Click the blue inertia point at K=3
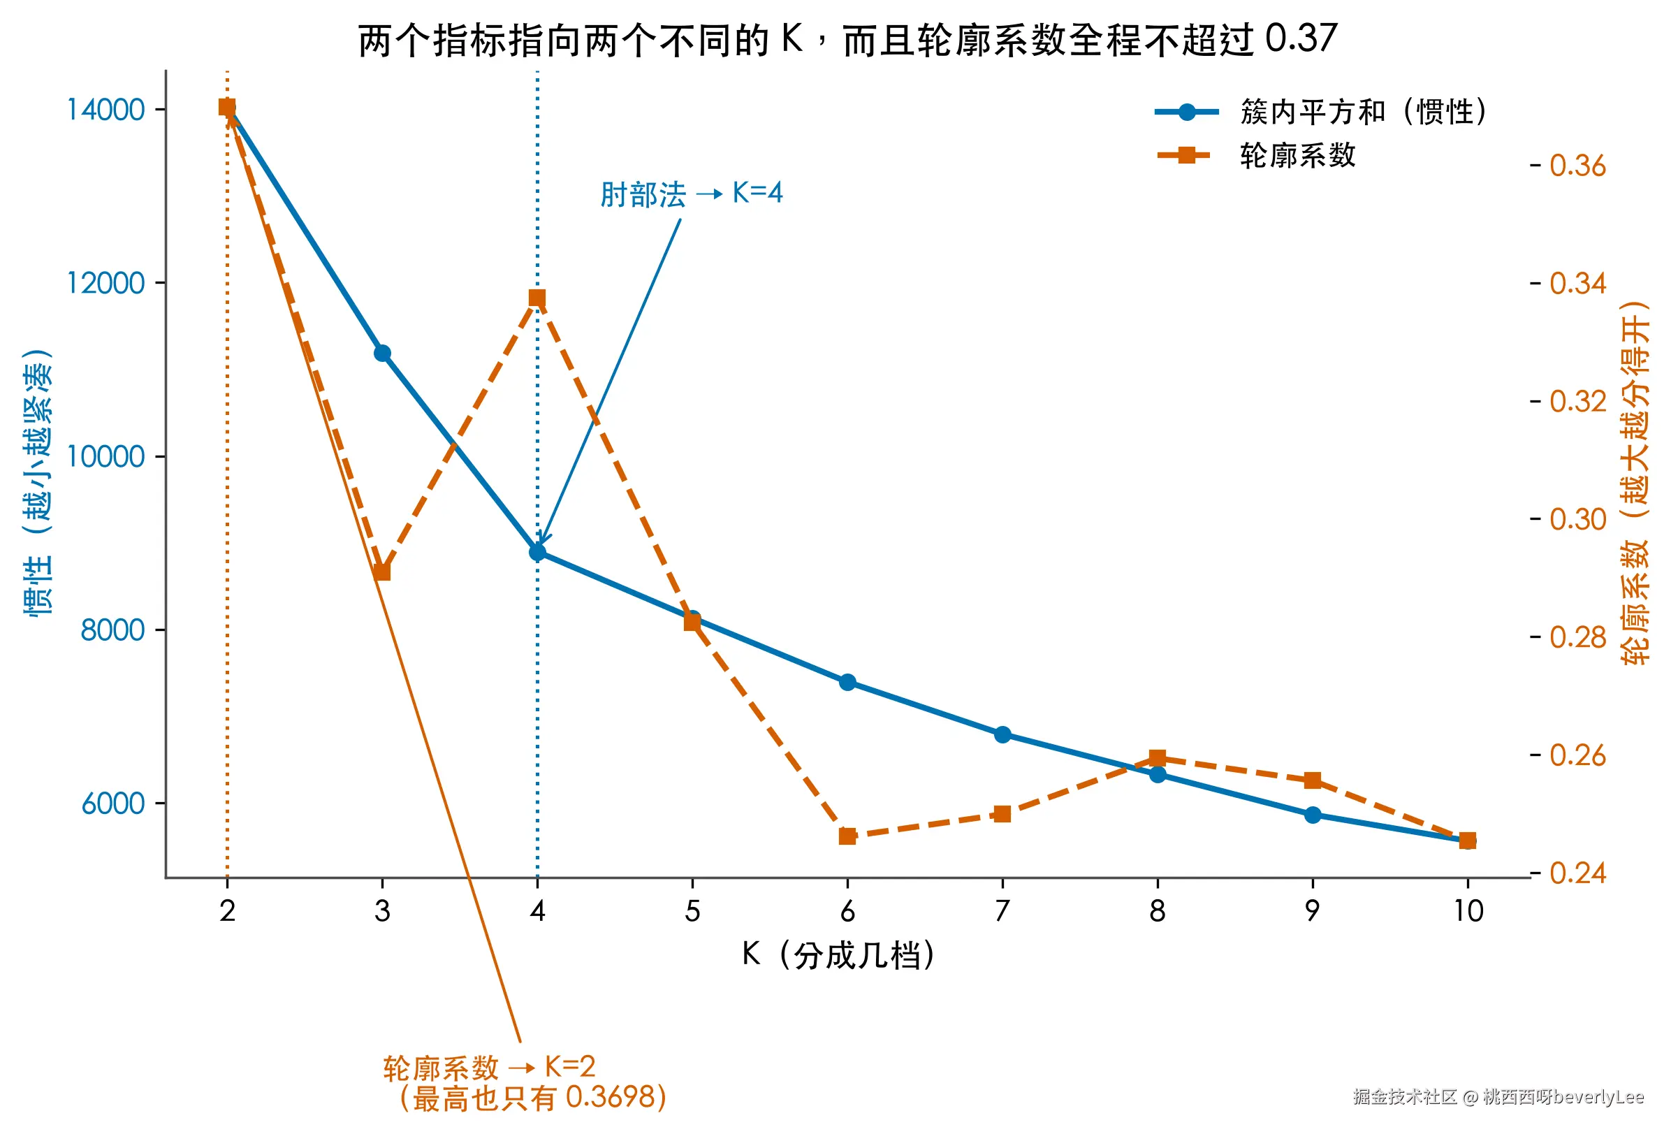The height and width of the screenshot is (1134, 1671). [382, 353]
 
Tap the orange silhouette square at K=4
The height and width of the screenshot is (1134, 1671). [537, 298]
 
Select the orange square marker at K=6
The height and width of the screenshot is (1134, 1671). [847, 836]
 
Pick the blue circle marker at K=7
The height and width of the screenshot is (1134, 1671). [1002, 734]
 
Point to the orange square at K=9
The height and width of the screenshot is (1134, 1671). [1312, 780]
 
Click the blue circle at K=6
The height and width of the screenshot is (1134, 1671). [847, 682]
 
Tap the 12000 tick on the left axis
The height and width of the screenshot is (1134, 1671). [105, 282]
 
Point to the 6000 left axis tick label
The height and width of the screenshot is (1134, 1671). [113, 804]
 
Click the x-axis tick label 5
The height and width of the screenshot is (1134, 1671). [692, 911]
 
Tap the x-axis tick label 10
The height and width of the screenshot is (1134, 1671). [1468, 911]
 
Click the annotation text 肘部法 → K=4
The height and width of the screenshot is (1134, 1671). [691, 194]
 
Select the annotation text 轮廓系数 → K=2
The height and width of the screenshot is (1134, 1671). [489, 1067]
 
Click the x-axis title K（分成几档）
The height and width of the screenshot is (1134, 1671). [839, 955]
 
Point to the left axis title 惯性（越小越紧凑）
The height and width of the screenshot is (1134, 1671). [38, 483]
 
